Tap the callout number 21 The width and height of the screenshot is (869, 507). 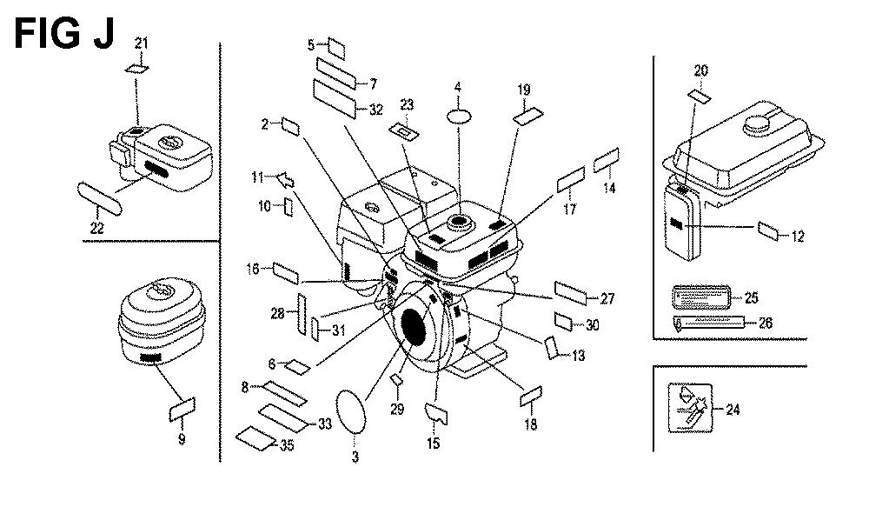coord(142,43)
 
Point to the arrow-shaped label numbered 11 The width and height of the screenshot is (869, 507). coord(282,180)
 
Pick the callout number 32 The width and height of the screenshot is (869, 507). coord(375,110)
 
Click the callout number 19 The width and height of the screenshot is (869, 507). coord(523,89)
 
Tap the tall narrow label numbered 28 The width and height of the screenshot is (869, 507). coord(301,312)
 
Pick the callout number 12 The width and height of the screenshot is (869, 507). coord(798,235)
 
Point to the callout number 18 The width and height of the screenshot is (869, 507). coord(530,424)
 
